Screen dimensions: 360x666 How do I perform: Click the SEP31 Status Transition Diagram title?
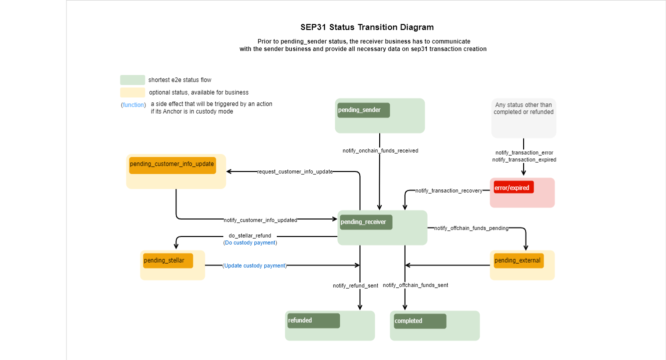[367, 27]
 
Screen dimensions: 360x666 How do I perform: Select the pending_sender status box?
[363, 110]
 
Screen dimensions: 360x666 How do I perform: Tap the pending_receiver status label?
[366, 222]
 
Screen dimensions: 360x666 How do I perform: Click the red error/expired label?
[514, 187]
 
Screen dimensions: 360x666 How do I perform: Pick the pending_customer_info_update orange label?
[172, 164]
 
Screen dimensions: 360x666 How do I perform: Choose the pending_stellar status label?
[167, 260]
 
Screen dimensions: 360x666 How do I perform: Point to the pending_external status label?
[518, 260]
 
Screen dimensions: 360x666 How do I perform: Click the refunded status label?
[313, 320]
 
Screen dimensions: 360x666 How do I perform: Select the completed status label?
[420, 321]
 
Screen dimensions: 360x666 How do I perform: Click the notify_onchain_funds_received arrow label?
[380, 150]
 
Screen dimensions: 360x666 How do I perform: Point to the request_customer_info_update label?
[295, 171]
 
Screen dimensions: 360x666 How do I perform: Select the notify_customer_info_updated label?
[260, 220]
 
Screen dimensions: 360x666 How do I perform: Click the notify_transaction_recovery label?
[449, 190]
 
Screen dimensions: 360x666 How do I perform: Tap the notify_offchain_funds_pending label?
[471, 228]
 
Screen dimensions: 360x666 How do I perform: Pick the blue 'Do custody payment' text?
[250, 242]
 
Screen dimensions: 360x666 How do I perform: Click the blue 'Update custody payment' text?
[255, 265]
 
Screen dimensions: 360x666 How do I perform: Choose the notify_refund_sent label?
[355, 285]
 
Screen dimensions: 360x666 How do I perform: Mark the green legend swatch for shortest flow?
[132, 80]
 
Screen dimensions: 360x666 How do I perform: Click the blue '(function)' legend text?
[133, 105]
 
